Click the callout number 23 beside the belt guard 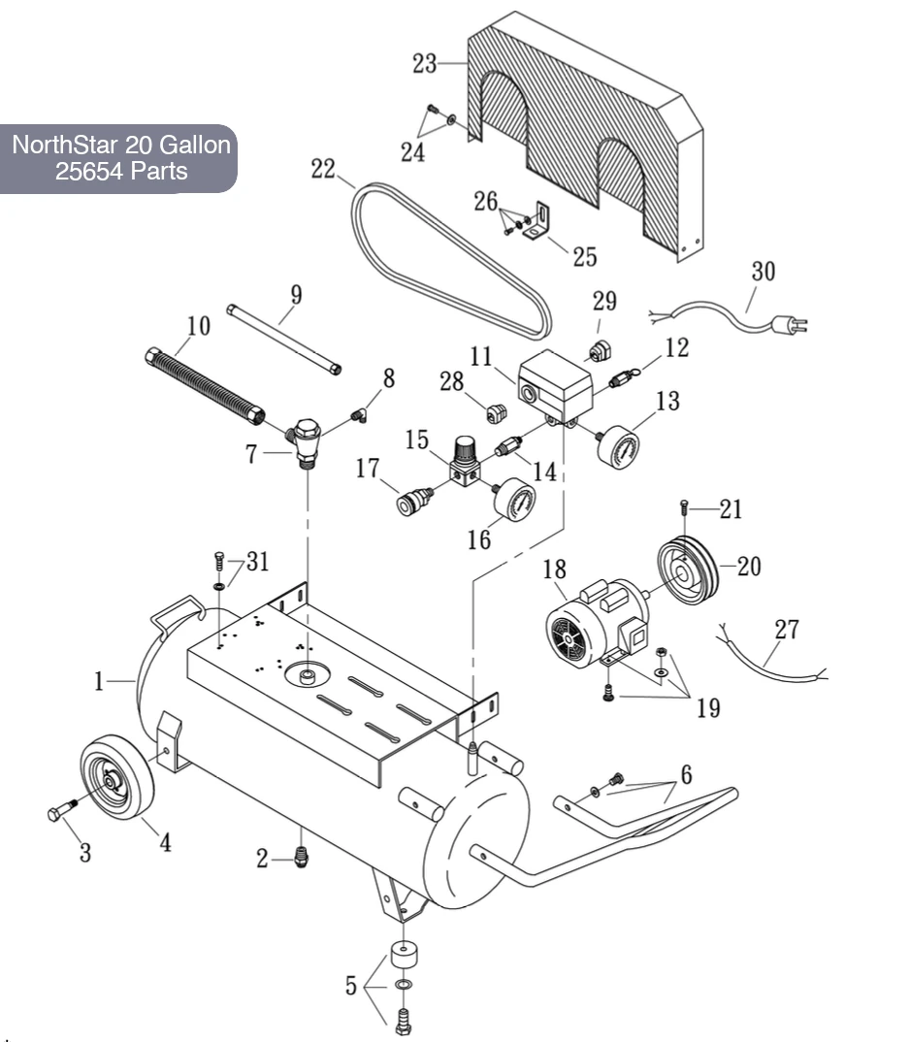(x=425, y=64)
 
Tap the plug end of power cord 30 (x=791, y=325)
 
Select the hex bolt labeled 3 (x=62, y=810)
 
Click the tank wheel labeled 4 (x=117, y=776)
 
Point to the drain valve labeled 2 (x=301, y=858)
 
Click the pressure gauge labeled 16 (x=514, y=499)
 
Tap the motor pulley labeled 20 (x=687, y=570)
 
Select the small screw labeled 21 (x=683, y=507)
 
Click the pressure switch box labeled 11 (x=554, y=384)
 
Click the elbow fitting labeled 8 (x=359, y=415)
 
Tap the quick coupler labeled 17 (x=414, y=501)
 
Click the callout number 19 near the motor (x=708, y=707)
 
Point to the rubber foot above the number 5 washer (x=404, y=955)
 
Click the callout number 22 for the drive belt (x=323, y=169)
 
